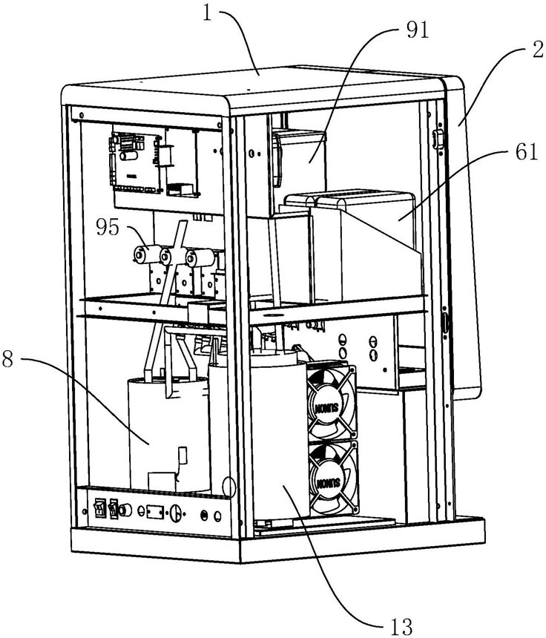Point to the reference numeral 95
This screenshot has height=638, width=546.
(108, 227)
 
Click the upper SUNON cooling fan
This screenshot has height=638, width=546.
(332, 403)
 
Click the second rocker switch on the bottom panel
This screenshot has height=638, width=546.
(114, 510)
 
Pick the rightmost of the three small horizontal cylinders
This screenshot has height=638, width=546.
(196, 258)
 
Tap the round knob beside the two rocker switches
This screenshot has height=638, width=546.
(131, 511)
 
